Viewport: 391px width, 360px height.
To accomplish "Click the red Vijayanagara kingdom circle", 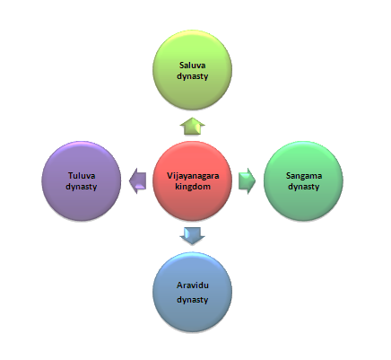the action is (x=193, y=181).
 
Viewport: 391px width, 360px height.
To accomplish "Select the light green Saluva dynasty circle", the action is (x=193, y=70).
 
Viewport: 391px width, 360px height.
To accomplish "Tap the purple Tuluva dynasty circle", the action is (x=82, y=181).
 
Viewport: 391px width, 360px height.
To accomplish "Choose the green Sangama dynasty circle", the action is (x=303, y=181).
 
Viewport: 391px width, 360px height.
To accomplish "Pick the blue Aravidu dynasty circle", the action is (x=193, y=292).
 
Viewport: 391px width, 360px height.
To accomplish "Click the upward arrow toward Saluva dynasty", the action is (x=193, y=126).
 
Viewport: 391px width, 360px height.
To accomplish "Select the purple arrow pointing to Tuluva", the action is (x=137, y=181).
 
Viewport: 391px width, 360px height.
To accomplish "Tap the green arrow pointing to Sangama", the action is (x=248, y=181).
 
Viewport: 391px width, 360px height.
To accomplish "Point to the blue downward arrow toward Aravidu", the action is (x=193, y=236).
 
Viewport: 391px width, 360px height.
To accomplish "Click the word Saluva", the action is (x=193, y=65).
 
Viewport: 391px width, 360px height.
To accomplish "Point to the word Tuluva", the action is (x=82, y=175).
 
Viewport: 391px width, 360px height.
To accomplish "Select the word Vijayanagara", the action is (x=193, y=176).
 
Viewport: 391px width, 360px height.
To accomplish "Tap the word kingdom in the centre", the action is (x=193, y=187).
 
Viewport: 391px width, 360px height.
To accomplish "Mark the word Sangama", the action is (x=304, y=176).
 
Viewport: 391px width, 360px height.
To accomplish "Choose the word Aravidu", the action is (x=193, y=285).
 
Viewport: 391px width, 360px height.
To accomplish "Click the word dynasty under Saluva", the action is (x=193, y=76).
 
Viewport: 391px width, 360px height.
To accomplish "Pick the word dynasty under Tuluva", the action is (x=82, y=187).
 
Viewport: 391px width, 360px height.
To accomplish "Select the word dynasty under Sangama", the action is (x=304, y=187).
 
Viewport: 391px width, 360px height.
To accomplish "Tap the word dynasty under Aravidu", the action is (x=193, y=300).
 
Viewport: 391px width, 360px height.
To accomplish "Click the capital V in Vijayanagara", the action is (x=169, y=176).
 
